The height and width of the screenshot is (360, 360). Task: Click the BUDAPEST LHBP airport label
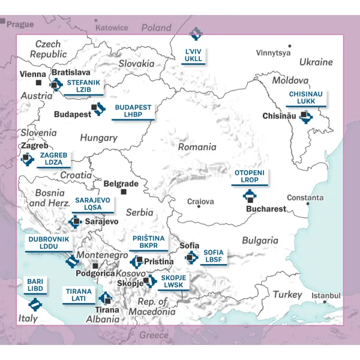coord(133,112)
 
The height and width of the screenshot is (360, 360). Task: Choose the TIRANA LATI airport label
coord(79,295)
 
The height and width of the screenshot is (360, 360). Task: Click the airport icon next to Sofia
coord(191,257)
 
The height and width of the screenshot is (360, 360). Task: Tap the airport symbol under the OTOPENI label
coord(250,196)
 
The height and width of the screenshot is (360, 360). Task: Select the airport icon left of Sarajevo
coord(75,222)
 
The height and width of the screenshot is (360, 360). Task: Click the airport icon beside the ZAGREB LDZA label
coord(27,159)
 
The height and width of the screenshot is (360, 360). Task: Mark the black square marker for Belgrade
coord(124,192)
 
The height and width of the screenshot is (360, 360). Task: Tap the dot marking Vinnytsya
coord(290,46)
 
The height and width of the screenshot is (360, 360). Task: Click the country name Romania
coord(197,147)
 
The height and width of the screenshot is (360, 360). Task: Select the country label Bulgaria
coord(260,241)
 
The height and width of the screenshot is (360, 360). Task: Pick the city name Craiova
coord(200,202)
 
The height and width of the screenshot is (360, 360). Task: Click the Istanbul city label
coord(326,296)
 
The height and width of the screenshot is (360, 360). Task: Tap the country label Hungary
coord(98,138)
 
